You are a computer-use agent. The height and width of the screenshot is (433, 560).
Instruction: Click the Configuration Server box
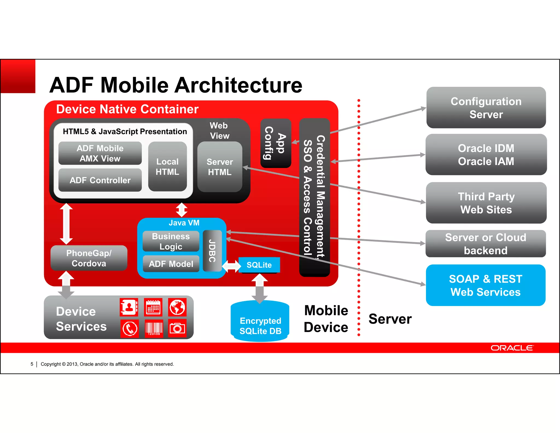[x=486, y=108]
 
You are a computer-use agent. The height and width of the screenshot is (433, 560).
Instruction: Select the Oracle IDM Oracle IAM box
[x=486, y=155]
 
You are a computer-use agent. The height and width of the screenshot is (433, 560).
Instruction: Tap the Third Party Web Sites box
[x=486, y=203]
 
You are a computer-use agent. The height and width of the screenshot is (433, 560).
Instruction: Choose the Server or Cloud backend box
[x=485, y=244]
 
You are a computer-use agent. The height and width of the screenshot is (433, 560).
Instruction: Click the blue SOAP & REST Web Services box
[x=485, y=285]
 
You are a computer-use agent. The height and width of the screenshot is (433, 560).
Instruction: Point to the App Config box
[x=275, y=143]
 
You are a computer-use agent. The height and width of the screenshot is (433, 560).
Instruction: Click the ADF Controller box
[x=100, y=180]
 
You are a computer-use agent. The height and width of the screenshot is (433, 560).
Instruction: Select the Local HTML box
[x=167, y=166]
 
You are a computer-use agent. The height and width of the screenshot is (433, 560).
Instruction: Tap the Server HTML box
[x=220, y=167]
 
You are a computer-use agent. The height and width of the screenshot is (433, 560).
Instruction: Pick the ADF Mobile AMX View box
[x=100, y=153]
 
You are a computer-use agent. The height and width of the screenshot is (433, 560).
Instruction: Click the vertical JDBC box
[x=212, y=251]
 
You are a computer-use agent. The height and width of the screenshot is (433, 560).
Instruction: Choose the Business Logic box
[x=171, y=241]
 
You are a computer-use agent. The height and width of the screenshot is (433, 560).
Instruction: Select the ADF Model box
[x=171, y=264]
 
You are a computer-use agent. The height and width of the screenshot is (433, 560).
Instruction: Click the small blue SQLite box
[x=259, y=265]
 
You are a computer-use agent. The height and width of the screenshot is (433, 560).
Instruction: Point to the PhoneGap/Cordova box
[x=89, y=258]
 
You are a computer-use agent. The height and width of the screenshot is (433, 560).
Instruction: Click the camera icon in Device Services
[x=177, y=328]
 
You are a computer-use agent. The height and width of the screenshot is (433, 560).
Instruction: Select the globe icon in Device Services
[x=177, y=307]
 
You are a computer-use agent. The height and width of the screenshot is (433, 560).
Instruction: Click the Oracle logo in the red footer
[x=512, y=348]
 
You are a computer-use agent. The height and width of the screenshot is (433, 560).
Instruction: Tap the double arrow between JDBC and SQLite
[x=231, y=266]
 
